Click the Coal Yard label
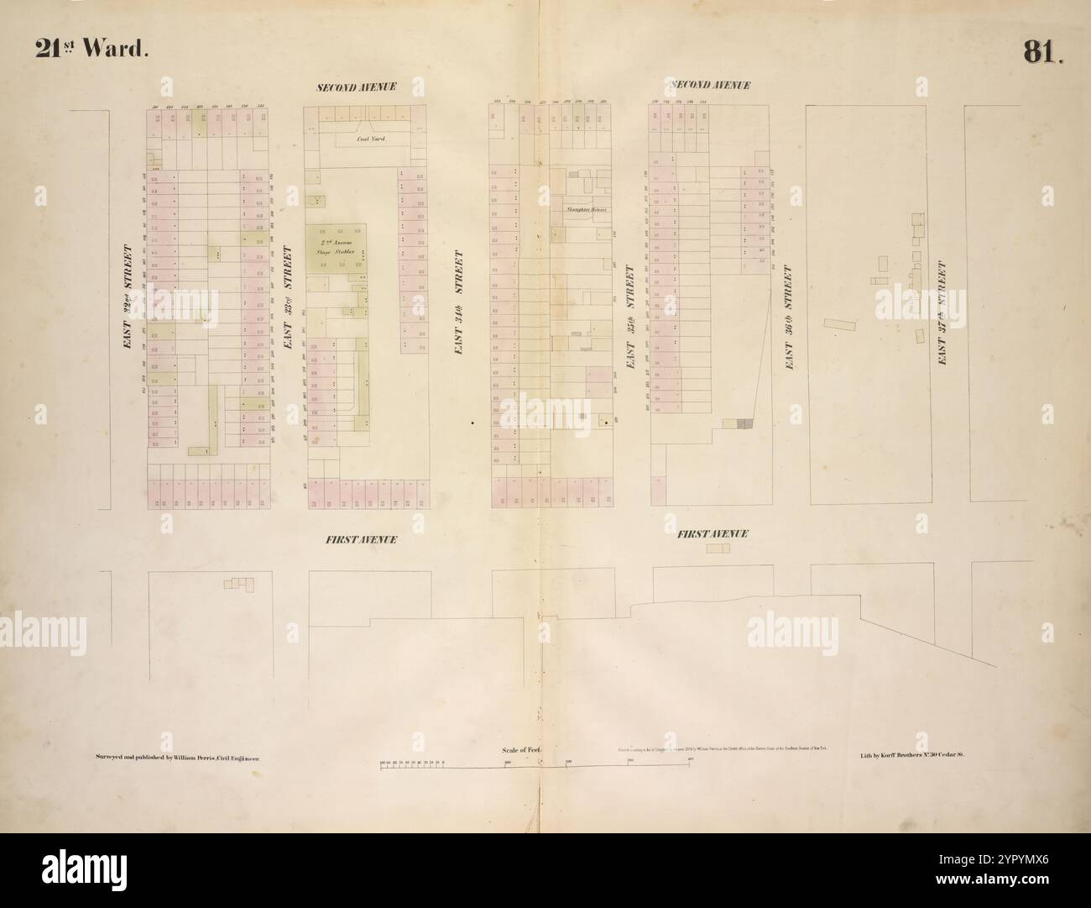click(x=372, y=139)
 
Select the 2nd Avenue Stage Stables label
click(x=341, y=246)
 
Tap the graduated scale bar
click(x=537, y=765)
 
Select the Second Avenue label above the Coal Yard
click(x=356, y=87)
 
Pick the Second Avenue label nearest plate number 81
click(x=709, y=86)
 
